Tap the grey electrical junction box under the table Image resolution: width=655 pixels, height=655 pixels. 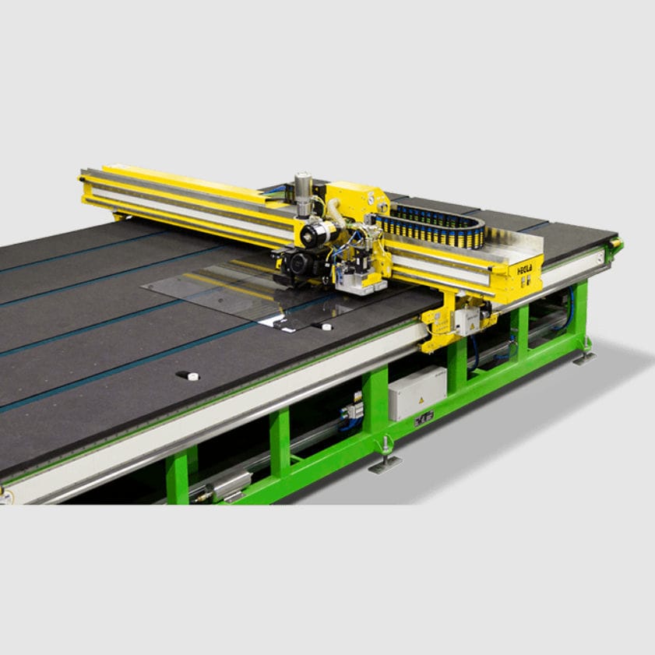417,392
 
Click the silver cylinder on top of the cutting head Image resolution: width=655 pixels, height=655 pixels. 303,192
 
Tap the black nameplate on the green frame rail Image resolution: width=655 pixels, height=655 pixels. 424,419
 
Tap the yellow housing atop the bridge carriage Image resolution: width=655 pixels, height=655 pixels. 354,199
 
